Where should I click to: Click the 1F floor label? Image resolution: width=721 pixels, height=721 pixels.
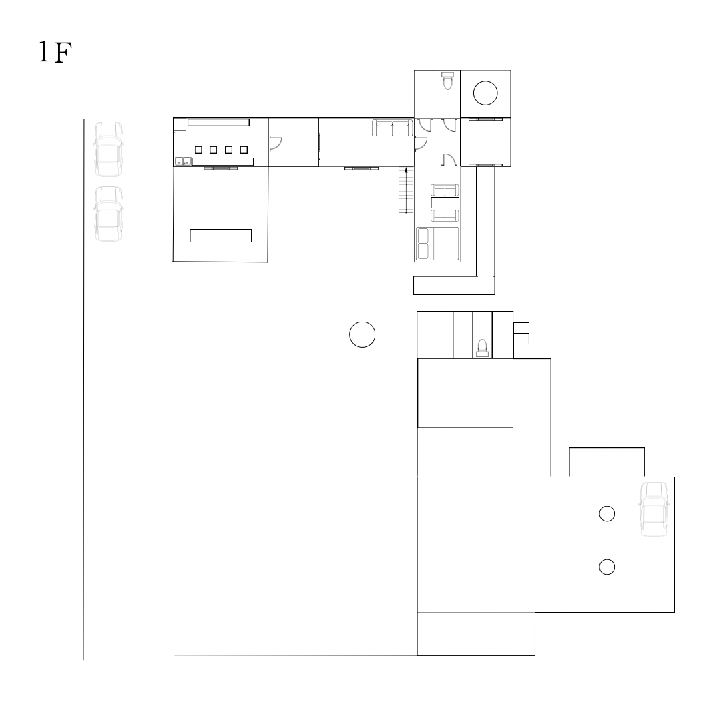pos(55,52)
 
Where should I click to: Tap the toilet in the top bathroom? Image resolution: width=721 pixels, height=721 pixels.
pos(447,81)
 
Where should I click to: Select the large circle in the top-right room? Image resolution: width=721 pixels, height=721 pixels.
pos(485,93)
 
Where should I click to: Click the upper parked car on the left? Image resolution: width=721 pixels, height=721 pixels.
pos(109,149)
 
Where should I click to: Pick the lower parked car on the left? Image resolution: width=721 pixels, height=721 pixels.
pos(109,214)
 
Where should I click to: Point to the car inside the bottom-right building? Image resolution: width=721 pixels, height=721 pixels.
pos(654,509)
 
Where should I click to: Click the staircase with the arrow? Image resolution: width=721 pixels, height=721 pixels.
pos(406,190)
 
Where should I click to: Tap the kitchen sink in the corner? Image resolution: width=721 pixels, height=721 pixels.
pos(183,162)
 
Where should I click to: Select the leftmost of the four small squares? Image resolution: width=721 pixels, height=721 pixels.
pos(198,150)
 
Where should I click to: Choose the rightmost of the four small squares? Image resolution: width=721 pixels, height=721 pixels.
pos(244,150)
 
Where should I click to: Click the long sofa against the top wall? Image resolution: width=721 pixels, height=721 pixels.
pos(393,128)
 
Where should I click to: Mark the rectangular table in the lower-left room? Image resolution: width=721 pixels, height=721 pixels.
pos(221,236)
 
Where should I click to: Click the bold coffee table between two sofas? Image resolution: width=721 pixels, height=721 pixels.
pos(445,202)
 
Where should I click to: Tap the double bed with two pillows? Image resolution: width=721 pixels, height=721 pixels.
pos(437,244)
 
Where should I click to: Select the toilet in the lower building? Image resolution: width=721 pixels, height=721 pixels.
pos(483,348)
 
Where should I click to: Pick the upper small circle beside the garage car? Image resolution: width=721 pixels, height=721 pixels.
pos(607,513)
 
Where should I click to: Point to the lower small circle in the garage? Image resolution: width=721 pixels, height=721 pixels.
pos(607,567)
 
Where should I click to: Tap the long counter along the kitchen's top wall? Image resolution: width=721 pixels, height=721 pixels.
pos(218,122)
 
